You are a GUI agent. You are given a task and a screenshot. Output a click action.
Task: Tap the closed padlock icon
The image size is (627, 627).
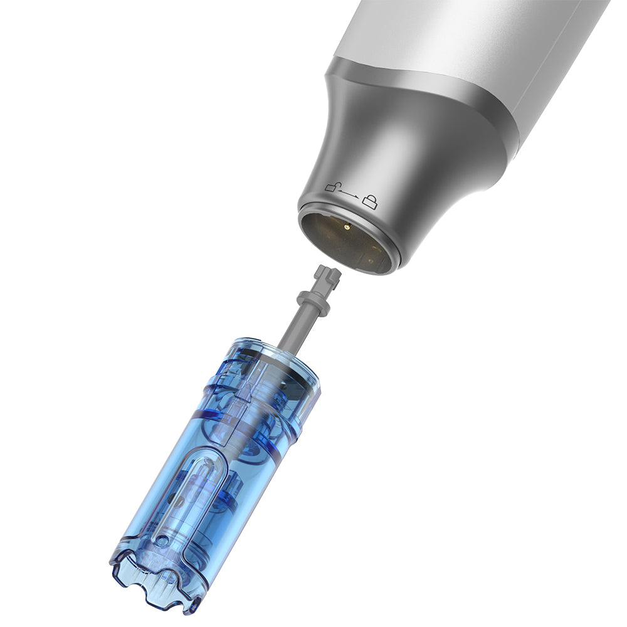372,201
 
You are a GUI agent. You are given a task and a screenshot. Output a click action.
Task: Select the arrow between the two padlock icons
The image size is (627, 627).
351,194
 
